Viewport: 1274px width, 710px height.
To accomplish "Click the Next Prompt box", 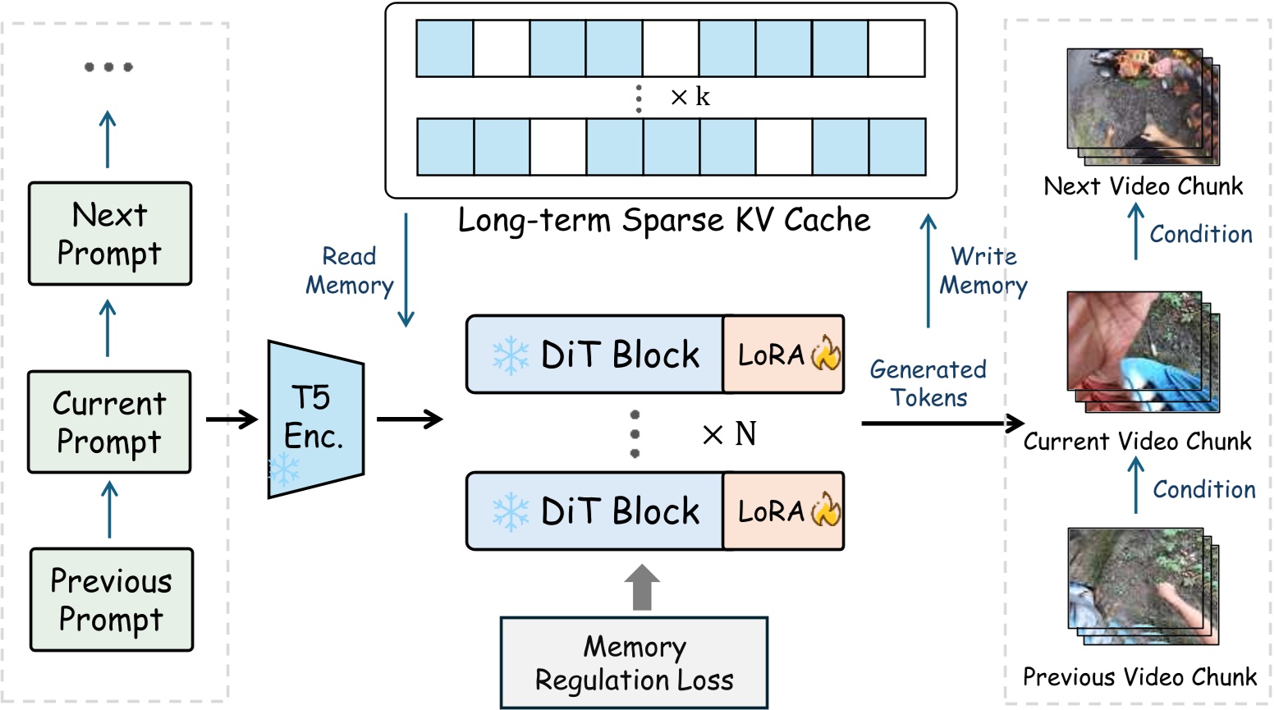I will (110, 234).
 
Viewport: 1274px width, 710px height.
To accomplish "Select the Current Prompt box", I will (109, 422).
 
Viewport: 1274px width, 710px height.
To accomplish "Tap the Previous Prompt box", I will (112, 599).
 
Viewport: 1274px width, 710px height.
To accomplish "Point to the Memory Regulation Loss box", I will (634, 662).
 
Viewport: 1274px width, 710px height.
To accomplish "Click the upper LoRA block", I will (783, 355).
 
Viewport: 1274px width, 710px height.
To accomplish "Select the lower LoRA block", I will (783, 511).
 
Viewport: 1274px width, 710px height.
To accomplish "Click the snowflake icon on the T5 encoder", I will (284, 470).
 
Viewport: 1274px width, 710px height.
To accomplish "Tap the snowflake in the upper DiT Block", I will (510, 355).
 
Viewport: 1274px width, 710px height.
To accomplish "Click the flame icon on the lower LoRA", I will (826, 511).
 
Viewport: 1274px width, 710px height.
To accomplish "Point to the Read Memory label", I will (350, 271).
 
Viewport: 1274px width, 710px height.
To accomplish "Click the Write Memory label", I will (983, 271).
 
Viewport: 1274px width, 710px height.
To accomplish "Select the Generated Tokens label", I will (928, 383).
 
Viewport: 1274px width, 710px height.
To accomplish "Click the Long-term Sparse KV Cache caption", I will (663, 220).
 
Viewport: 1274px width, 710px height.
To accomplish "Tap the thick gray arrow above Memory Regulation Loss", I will (642, 587).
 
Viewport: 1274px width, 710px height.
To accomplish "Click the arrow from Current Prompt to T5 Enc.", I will (231, 420).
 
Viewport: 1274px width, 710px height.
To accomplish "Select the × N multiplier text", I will (729, 434).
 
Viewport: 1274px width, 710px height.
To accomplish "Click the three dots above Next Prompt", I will (108, 67).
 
